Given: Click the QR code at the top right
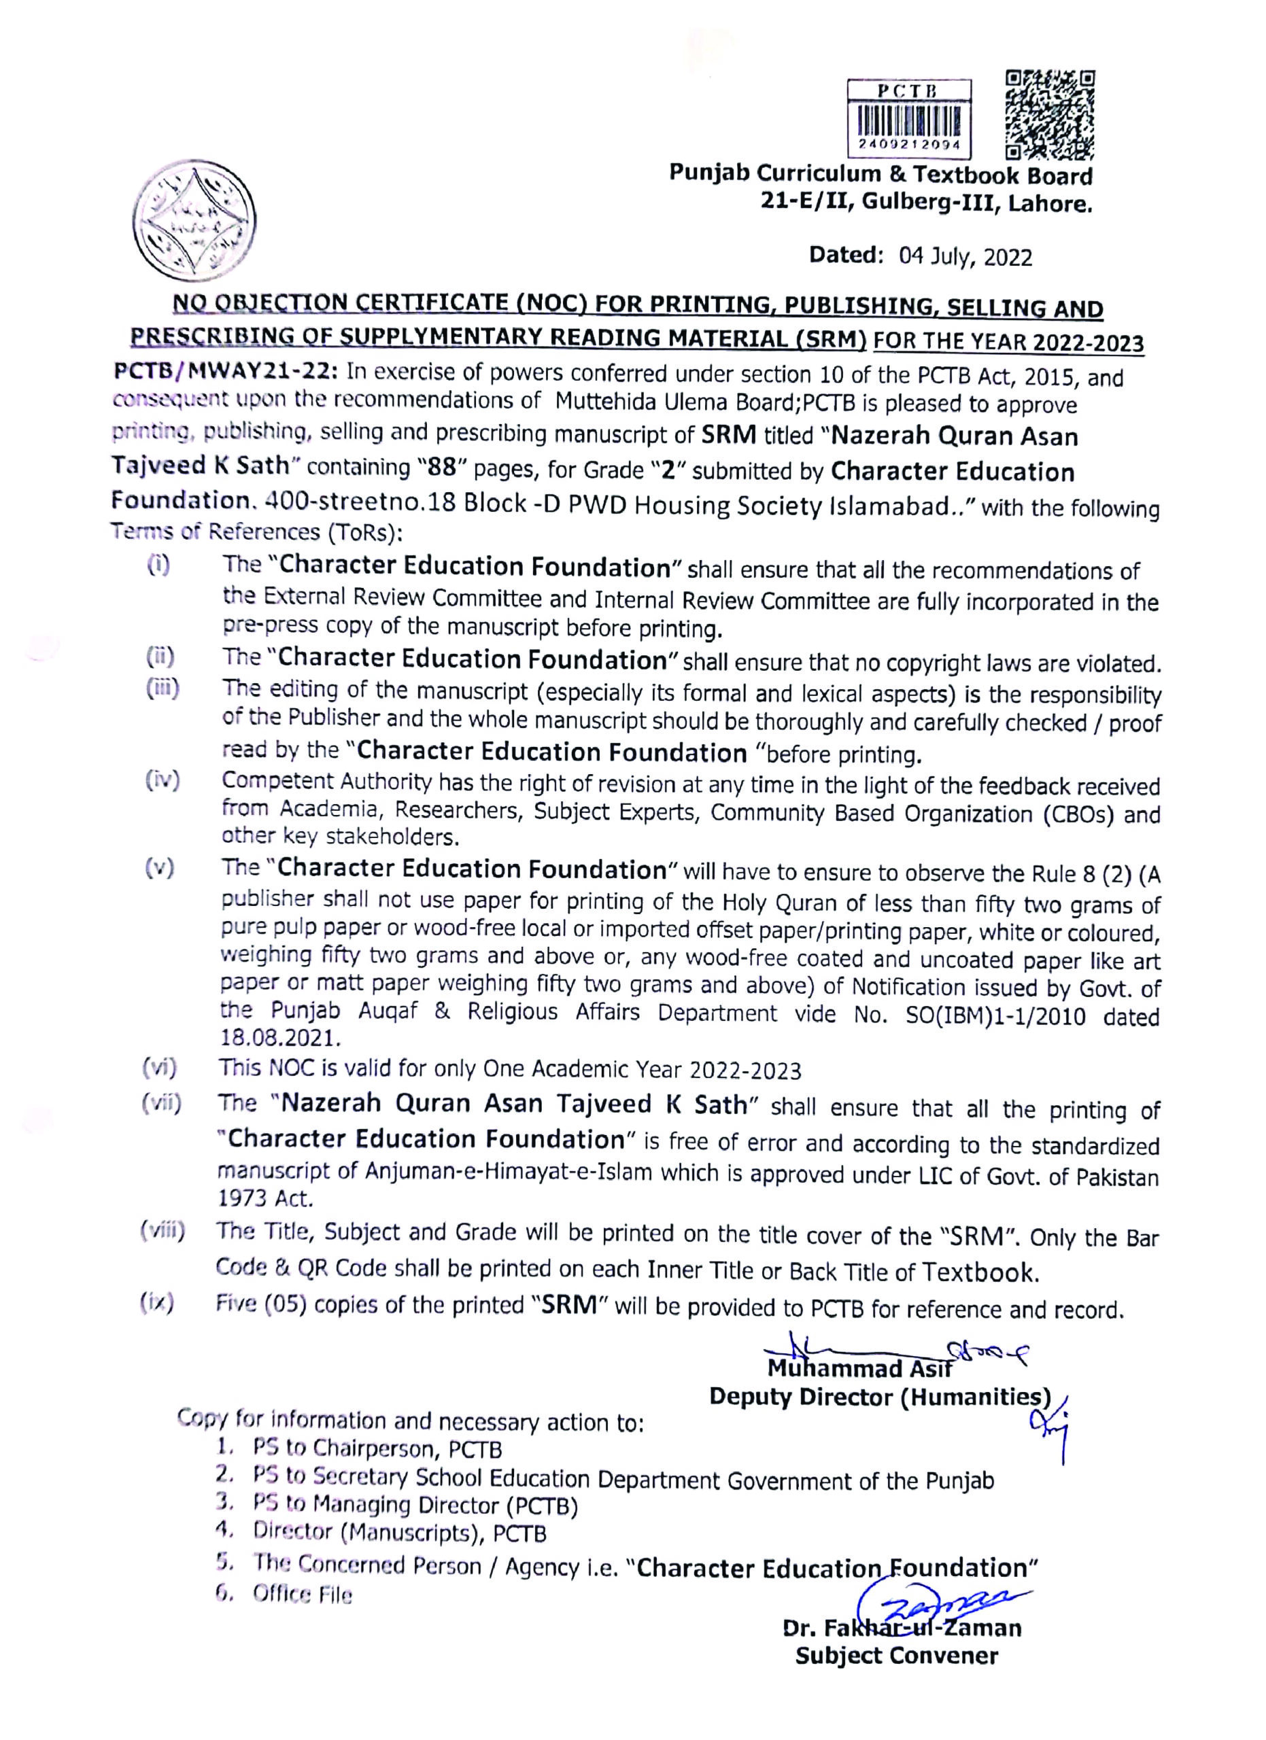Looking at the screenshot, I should pyautogui.click(x=1049, y=114).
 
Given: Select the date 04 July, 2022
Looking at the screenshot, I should pyautogui.click(x=966, y=256).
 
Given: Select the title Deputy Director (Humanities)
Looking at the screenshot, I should pyautogui.click(x=879, y=1396).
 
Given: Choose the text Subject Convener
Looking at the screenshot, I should pyautogui.click(x=896, y=1655).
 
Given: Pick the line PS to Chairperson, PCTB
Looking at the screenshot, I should pyautogui.click(x=377, y=1448).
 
